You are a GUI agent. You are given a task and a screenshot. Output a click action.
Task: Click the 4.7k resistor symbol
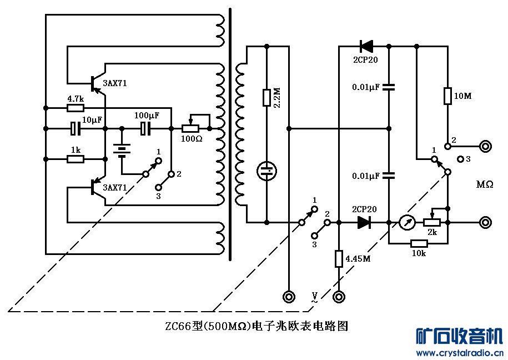(x=76, y=107)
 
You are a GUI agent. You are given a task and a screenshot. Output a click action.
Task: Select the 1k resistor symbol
(x=76, y=159)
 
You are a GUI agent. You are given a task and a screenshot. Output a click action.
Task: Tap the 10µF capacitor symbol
(x=76, y=129)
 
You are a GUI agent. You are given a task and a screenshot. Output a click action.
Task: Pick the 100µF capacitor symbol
(x=145, y=129)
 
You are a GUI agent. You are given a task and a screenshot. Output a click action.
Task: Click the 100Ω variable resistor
(x=191, y=128)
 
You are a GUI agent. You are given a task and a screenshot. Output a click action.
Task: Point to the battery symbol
(x=122, y=149)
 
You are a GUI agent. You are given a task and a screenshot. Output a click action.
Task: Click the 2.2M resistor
(x=267, y=98)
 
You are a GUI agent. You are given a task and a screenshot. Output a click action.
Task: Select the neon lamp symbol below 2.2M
(x=267, y=171)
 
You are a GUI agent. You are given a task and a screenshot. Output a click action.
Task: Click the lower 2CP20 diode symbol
(x=364, y=223)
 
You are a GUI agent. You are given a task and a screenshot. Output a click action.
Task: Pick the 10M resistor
(x=447, y=96)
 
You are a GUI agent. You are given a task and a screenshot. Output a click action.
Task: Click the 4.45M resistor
(x=339, y=259)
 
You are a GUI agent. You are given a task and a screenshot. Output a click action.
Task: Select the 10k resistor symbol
(x=419, y=243)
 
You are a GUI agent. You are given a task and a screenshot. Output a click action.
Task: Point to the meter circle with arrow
(x=407, y=223)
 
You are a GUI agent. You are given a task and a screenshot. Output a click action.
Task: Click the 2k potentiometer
(x=432, y=222)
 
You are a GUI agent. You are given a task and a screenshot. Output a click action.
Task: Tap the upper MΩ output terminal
(x=485, y=147)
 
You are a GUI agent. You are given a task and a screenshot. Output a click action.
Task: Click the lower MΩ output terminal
(x=485, y=223)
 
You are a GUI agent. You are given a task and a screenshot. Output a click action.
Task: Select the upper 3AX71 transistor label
(x=115, y=83)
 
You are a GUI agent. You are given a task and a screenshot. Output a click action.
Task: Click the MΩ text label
(x=484, y=184)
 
